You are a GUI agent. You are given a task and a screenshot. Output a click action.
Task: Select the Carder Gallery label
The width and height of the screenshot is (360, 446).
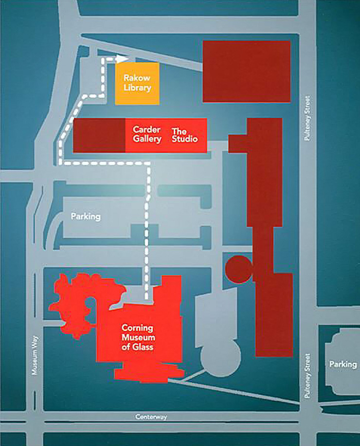point(147,135)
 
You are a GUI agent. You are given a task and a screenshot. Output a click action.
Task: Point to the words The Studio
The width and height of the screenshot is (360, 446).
point(185,135)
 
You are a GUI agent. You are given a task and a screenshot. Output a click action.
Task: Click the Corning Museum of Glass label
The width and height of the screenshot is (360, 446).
point(138,338)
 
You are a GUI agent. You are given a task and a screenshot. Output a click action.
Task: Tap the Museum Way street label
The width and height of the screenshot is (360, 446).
point(35,357)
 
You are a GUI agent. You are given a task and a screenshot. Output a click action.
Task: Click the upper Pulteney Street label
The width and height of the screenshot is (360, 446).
point(306,118)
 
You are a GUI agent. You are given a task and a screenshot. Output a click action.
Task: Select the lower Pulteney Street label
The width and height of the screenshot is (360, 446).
point(306,376)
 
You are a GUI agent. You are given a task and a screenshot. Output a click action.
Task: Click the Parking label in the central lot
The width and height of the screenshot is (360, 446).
point(86,216)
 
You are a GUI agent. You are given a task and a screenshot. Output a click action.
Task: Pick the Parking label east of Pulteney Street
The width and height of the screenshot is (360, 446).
point(342,364)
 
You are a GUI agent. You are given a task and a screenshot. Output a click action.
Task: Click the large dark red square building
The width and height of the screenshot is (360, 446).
point(246,71)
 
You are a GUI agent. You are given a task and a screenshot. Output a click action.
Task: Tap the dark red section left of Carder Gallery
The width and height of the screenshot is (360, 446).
point(99,135)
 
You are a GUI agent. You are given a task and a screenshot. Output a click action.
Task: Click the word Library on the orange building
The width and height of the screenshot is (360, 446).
point(137,88)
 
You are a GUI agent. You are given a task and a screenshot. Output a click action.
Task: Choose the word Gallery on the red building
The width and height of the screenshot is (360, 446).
point(147,140)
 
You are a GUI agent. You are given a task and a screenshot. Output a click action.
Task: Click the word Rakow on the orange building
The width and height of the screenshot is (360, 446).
point(137,78)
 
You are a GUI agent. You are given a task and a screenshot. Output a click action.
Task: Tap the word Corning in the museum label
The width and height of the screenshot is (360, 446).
point(138,328)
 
